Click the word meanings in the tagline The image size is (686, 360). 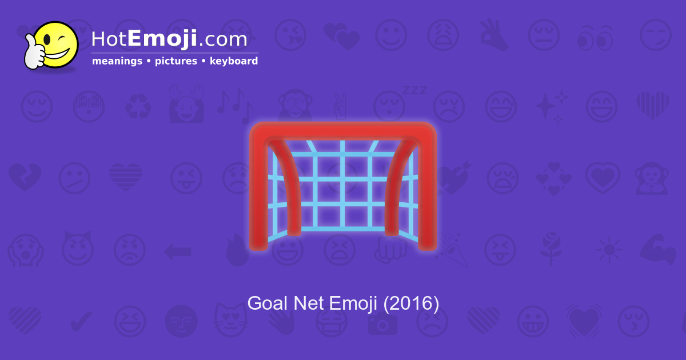[117, 61]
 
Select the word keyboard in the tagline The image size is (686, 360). [233, 61]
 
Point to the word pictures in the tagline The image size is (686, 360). [176, 61]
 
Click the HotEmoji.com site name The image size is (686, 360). [169, 39]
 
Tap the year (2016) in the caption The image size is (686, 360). [411, 303]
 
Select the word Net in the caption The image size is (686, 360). [309, 303]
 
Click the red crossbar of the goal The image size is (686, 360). [343, 131]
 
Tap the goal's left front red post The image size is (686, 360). [259, 194]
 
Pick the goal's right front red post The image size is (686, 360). [426, 194]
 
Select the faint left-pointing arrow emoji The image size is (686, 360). [177, 250]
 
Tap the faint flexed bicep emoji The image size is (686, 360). [653, 250]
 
